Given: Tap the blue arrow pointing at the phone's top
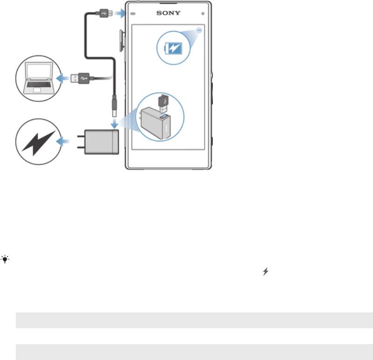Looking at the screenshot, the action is pos(120,14).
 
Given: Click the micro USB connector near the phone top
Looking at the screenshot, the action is pos(106,14).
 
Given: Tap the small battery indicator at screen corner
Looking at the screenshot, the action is pos(199,29).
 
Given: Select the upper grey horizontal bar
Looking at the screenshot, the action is pos(194,320).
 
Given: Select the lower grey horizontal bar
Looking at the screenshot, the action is pos(194,352).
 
